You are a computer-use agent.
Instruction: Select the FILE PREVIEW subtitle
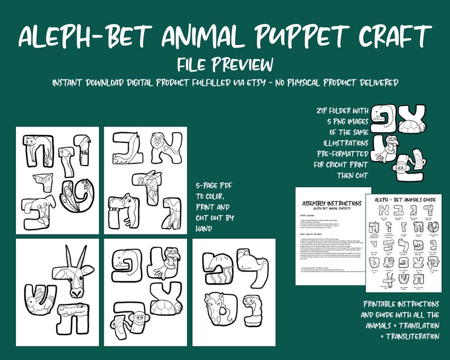click(x=225, y=63)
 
